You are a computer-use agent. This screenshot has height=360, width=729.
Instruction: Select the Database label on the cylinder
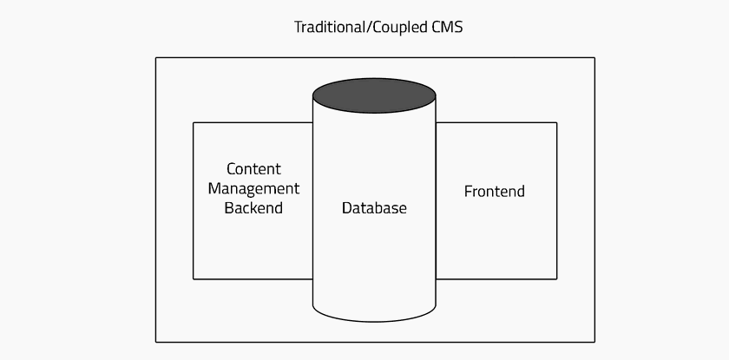[374, 207]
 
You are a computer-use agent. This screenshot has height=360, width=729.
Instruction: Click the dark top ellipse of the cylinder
[374, 95]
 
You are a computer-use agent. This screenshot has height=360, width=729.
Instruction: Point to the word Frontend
[494, 192]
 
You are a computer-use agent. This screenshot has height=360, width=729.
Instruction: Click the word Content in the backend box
[253, 168]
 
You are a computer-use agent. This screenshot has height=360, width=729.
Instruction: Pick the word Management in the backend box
[253, 188]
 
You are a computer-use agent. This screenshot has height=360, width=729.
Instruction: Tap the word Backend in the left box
[253, 207]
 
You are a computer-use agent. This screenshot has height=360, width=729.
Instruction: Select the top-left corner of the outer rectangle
[155, 57]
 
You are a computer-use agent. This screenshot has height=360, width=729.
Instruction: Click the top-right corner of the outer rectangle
[594, 57]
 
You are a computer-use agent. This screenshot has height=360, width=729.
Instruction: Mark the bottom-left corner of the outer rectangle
[155, 343]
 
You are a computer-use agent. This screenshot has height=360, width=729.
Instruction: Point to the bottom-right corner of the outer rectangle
[594, 343]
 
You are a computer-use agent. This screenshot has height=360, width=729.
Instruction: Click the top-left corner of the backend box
[194, 122]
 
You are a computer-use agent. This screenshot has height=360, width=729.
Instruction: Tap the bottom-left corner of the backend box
[194, 279]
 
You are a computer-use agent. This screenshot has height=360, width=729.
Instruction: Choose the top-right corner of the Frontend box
[557, 122]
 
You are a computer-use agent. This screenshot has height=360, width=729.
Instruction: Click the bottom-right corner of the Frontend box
[557, 279]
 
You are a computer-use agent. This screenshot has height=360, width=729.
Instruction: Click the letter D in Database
[347, 207]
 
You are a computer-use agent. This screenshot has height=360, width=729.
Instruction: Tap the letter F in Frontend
[468, 192]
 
